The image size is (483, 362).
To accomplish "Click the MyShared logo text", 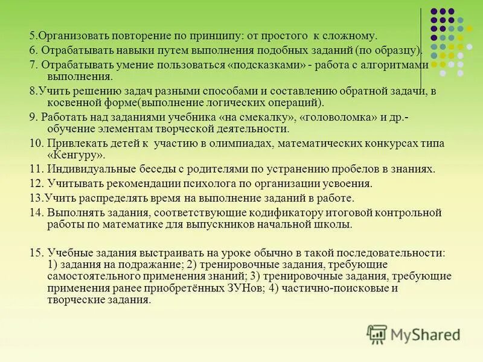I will pos(425,334).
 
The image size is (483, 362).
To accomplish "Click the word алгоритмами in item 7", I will pos(398,65).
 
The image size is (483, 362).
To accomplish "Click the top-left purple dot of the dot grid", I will pos(433,11).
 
